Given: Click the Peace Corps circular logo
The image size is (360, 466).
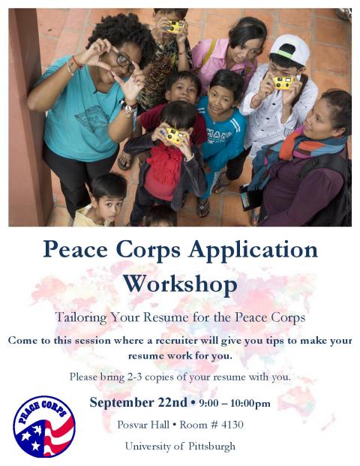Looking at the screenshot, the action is click(x=44, y=426).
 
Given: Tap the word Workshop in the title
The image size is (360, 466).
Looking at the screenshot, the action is click(x=180, y=284).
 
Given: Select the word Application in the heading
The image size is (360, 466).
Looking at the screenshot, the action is click(x=253, y=249).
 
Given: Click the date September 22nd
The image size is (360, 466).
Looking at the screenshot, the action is click(x=139, y=402).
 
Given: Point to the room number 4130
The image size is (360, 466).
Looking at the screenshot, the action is click(x=232, y=425).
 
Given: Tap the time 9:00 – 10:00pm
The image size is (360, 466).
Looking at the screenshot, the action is click(x=235, y=403).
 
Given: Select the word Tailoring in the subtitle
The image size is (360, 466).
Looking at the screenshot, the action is click(x=81, y=317).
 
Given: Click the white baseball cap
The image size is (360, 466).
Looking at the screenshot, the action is click(x=290, y=50).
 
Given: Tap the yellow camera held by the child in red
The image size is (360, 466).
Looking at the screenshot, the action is click(x=175, y=135).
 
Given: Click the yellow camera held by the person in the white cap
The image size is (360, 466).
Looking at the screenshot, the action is click(x=283, y=83).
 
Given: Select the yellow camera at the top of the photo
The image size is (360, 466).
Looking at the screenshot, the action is click(x=175, y=26).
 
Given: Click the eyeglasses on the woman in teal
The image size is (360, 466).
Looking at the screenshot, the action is click(x=124, y=61).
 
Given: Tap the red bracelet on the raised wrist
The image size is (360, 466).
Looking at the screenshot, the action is click(x=77, y=62).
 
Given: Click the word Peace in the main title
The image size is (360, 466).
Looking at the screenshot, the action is click(x=76, y=249).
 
